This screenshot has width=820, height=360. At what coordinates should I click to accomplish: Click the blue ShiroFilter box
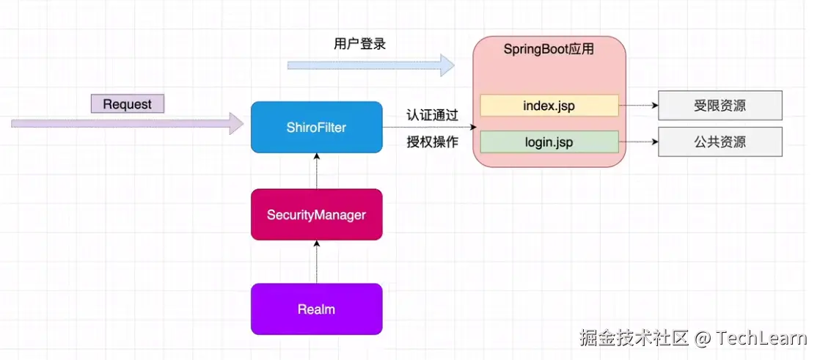coord(316,128)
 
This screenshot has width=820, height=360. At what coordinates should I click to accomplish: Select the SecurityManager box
coord(316,215)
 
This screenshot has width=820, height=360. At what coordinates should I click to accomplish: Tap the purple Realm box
coord(316,309)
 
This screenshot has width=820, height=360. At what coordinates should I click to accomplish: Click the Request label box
coord(127,104)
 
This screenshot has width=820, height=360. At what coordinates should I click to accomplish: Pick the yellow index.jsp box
coord(549,106)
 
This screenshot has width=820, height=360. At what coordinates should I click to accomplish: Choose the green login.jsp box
coord(549,142)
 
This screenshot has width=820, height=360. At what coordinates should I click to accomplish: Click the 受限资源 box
coord(720,106)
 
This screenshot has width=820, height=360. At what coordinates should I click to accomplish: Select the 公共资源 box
coord(720,142)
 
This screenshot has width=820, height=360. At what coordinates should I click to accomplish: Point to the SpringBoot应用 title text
coord(548,50)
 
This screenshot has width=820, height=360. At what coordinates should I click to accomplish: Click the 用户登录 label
coord(359,44)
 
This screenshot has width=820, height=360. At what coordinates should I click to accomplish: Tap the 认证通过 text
coord(433,115)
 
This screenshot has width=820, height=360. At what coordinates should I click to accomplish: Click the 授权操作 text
coord(433,142)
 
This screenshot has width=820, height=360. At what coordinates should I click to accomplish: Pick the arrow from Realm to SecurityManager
coord(316,262)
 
